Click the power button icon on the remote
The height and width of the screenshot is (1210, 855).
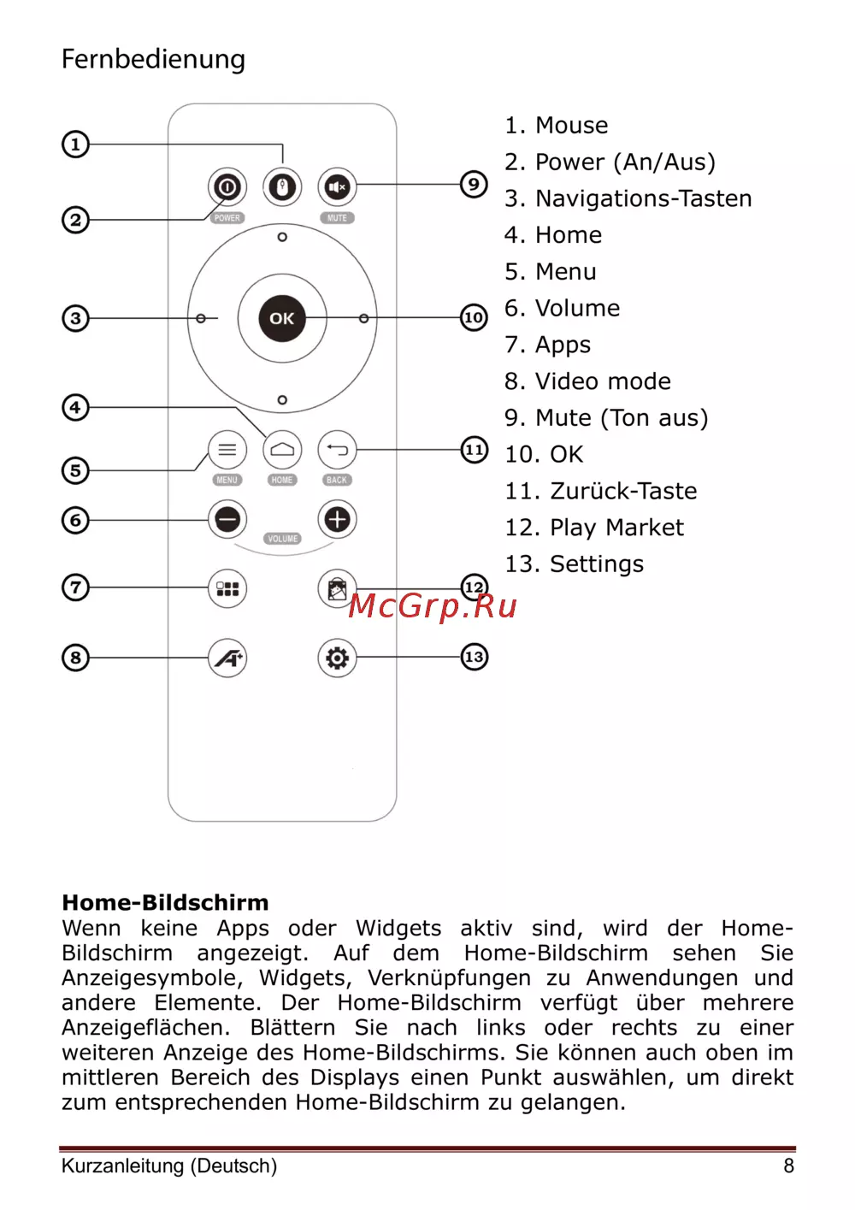[x=227, y=186]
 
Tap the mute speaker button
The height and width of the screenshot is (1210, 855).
[x=337, y=186]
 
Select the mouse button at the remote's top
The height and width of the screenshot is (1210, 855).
[x=282, y=186]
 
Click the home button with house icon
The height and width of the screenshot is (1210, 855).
[x=282, y=450]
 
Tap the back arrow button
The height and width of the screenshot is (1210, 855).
[x=337, y=450]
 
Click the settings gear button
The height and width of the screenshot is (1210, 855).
[x=337, y=658]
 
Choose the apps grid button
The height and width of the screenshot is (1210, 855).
[x=227, y=588]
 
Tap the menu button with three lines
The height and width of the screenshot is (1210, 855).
[x=227, y=450]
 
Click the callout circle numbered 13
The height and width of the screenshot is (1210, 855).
[x=474, y=657]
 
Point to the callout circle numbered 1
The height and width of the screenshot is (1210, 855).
[x=75, y=144]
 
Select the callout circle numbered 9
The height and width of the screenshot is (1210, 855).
[x=474, y=184]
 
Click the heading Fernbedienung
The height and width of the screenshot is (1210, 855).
[x=153, y=59]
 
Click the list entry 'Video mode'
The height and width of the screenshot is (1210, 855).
[x=587, y=381]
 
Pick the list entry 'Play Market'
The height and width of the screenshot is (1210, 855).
[x=594, y=528]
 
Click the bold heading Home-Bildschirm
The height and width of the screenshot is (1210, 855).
[x=165, y=902]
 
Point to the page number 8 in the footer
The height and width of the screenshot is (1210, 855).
[x=788, y=1166]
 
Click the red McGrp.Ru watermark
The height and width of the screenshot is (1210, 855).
[x=433, y=605]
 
